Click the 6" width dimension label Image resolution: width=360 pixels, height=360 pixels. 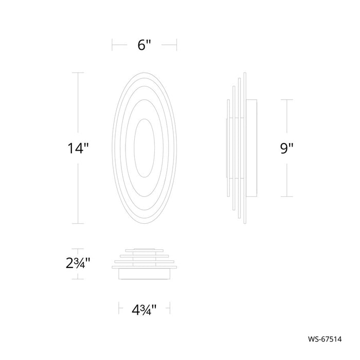click(x=144, y=45)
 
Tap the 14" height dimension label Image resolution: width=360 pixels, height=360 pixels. click(x=78, y=148)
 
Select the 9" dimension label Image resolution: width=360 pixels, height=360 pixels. click(x=286, y=148)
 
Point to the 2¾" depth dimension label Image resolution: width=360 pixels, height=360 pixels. click(x=78, y=263)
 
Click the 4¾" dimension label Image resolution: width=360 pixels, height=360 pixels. click(x=144, y=310)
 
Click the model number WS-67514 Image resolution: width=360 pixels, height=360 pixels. click(x=325, y=339)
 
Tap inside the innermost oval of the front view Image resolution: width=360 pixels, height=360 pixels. click(x=144, y=148)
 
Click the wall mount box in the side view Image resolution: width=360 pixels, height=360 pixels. click(x=251, y=148)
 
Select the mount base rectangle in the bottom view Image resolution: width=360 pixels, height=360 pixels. click(x=144, y=274)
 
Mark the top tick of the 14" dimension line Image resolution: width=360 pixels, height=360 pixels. click(x=78, y=73)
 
